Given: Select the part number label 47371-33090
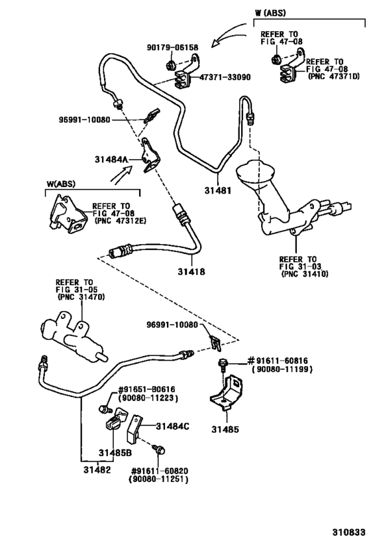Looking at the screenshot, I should (x=225, y=77).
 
